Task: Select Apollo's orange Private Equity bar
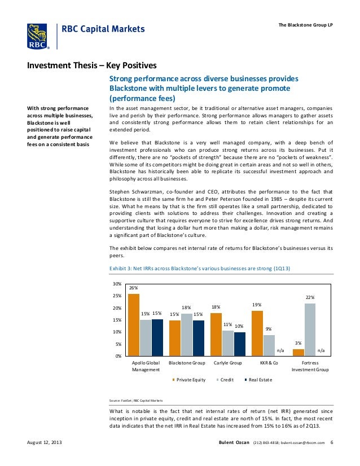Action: [134, 324]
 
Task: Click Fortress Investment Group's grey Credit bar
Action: [309, 329]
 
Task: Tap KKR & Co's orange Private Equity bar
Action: [257, 333]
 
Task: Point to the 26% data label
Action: [134, 288]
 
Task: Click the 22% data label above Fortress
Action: [310, 297]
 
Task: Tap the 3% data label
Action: [298, 342]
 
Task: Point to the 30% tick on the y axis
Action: [117, 284]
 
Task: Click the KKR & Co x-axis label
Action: [269, 363]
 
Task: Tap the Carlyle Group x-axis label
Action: [227, 363]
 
